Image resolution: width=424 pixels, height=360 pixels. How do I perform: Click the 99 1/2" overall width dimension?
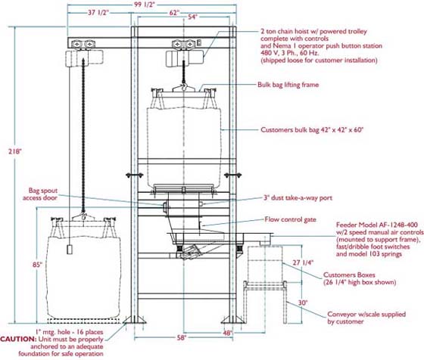point(145,5)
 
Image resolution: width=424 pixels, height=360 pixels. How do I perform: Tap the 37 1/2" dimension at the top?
point(98,13)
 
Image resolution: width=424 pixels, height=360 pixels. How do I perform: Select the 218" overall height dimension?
point(14,151)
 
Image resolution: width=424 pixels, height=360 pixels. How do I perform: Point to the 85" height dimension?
point(37,265)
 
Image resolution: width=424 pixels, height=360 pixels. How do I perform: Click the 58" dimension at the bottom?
point(182,337)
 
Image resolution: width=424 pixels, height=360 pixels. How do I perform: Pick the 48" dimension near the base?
point(227,333)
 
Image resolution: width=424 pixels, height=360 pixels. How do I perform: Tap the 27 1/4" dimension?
point(303,262)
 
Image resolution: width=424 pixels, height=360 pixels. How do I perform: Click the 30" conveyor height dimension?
point(303,303)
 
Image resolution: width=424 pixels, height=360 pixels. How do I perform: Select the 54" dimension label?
point(193,17)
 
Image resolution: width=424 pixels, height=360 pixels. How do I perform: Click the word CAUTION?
point(18,340)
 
